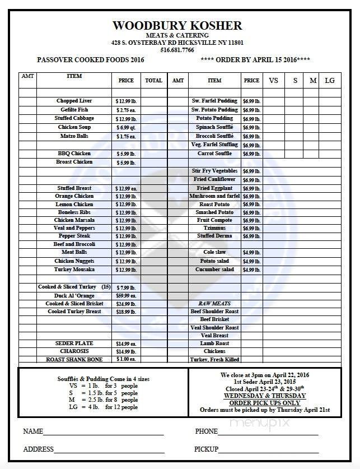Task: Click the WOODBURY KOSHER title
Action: tap(177, 26)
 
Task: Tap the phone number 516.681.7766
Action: tap(177, 49)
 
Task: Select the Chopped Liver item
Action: tap(74, 101)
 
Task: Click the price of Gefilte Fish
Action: tap(126, 110)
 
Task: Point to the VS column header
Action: tap(273, 80)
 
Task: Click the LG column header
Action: tap(329, 80)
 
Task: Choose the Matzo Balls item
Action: tap(74, 136)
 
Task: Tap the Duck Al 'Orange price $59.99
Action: tap(126, 295)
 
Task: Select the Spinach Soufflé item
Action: tap(214, 127)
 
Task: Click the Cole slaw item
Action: tap(214, 253)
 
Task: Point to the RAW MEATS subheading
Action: tap(214, 303)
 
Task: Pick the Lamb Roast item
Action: tap(214, 343)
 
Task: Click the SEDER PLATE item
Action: tap(74, 343)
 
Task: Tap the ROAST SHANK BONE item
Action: tap(74, 359)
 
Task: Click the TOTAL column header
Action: tap(153, 80)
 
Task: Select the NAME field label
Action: tap(33, 431)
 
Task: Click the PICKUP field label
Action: tap(206, 449)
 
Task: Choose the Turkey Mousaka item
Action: tap(74, 270)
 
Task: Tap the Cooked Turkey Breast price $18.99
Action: tap(126, 312)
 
